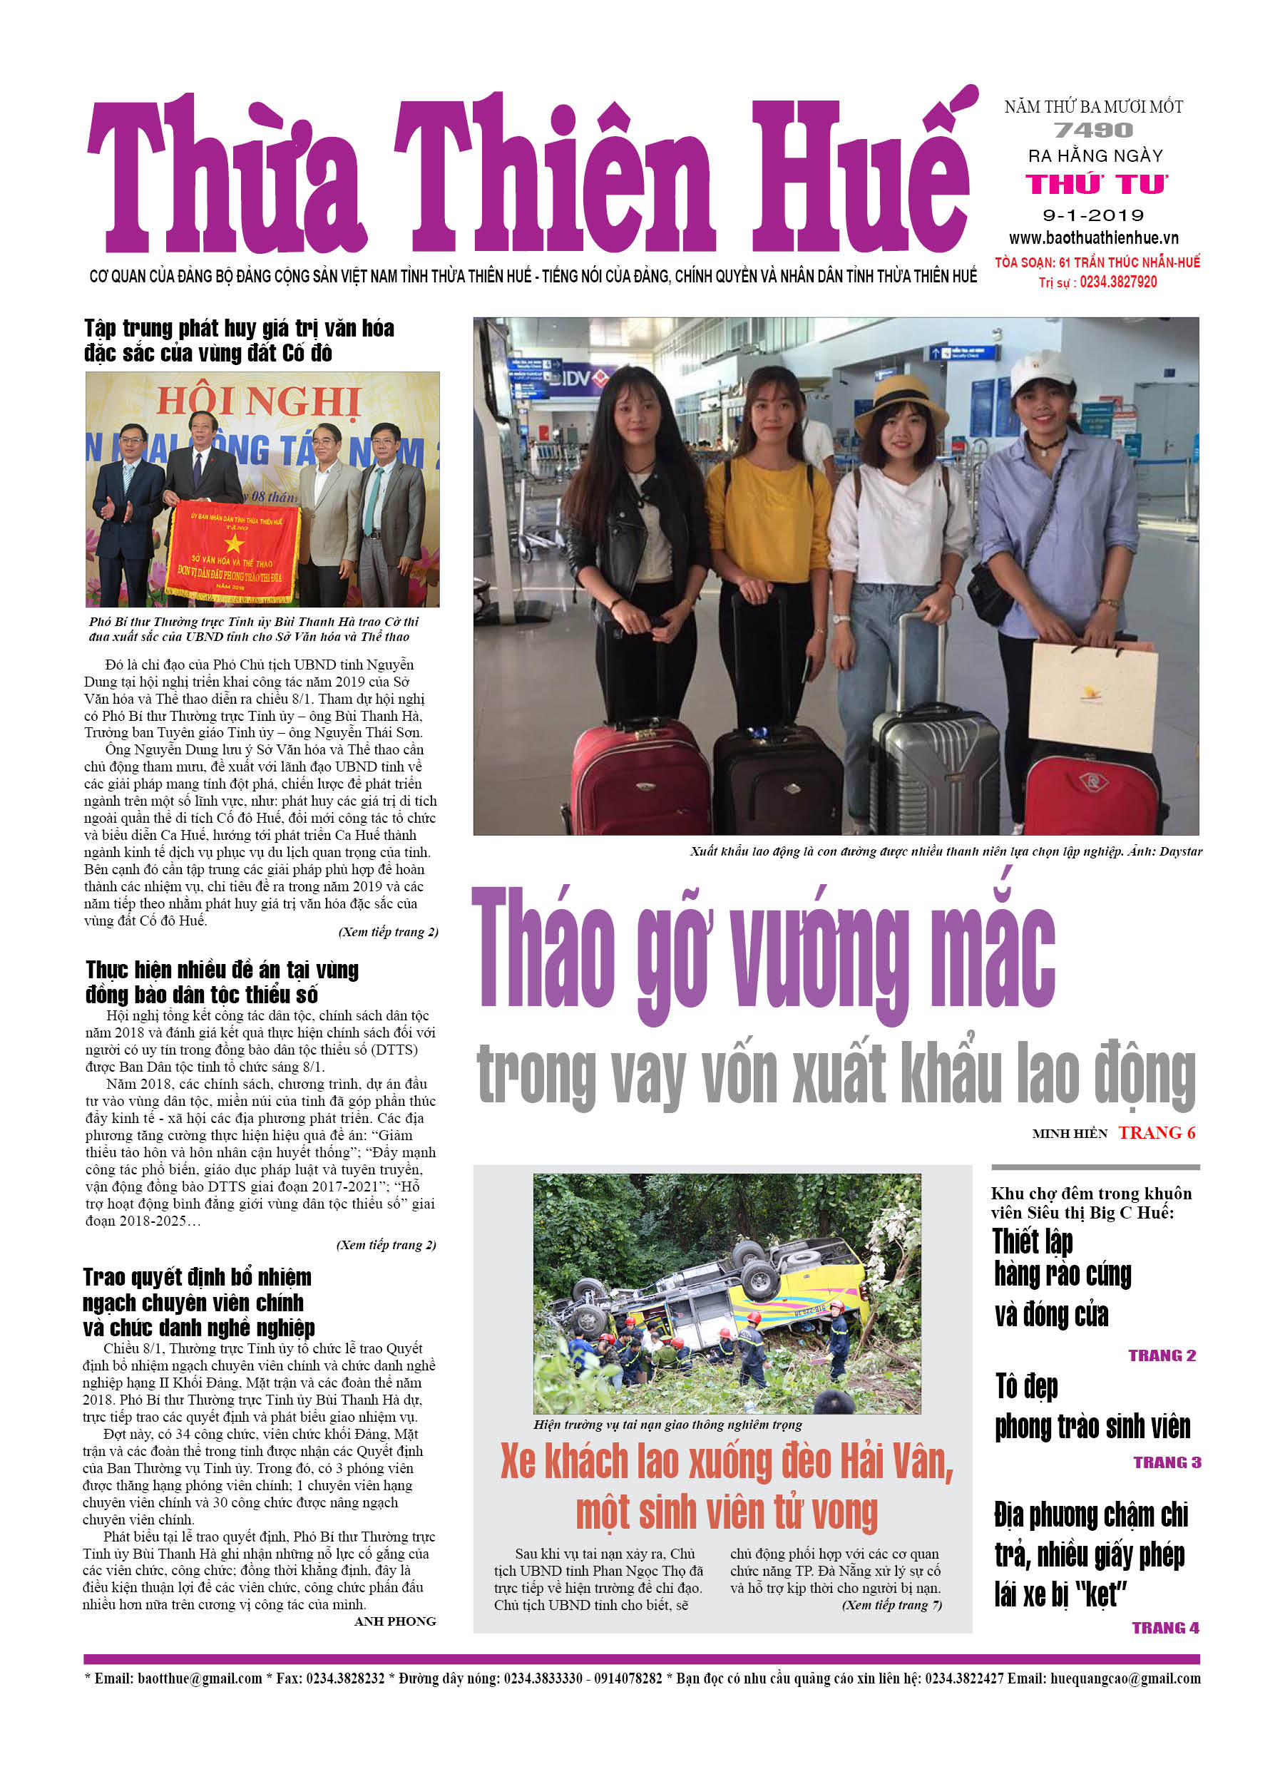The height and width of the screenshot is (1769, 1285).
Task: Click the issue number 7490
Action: pos(1092,130)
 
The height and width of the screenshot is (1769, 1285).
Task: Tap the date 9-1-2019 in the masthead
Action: pos(1093,215)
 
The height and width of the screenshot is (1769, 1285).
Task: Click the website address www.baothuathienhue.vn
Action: pos(1093,238)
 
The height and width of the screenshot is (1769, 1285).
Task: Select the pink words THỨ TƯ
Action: pos(1096,184)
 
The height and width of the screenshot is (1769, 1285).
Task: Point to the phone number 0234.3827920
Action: pos(1117,282)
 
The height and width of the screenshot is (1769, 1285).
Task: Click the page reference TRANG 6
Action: pos(1156,1133)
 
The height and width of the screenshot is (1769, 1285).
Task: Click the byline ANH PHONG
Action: pos(395,1621)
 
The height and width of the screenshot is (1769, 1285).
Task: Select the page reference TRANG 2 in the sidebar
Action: pos(1162,1355)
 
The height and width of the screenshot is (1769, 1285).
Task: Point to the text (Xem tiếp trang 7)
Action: pos(892,1604)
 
